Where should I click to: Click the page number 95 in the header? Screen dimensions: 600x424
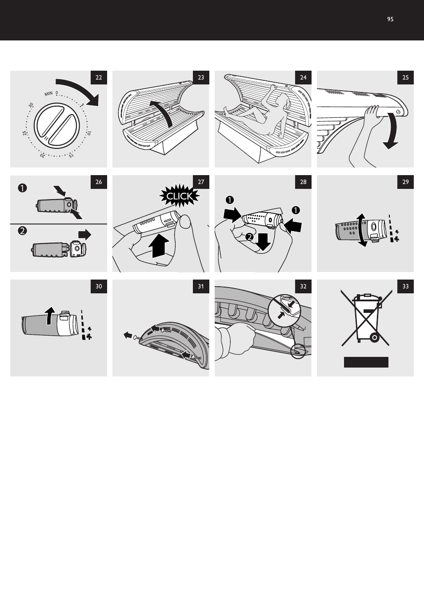(390, 19)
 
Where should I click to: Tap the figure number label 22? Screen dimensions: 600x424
(99, 77)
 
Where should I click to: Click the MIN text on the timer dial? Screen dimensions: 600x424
(48, 94)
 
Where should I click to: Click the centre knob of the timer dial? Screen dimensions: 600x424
(57, 125)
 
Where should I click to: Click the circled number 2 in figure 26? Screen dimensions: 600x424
(23, 231)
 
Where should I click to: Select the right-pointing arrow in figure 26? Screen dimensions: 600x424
(84, 234)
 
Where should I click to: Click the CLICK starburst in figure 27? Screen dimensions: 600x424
(180, 196)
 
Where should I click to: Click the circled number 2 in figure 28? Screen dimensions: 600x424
(249, 237)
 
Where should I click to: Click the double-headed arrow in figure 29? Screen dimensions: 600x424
(362, 230)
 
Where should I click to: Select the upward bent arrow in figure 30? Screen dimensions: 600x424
(50, 316)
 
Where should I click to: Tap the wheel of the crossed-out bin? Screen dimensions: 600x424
(374, 338)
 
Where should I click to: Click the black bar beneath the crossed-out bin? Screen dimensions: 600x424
(366, 362)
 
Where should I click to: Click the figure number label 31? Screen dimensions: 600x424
(201, 286)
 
